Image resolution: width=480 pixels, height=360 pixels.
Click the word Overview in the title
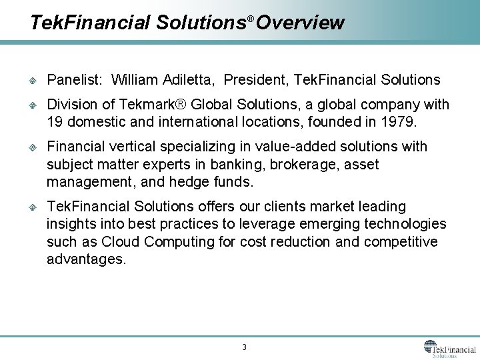(300, 23)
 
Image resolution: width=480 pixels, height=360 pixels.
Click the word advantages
(85, 259)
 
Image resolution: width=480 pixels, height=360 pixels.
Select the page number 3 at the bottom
(244, 347)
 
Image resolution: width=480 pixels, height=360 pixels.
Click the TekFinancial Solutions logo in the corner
(449, 349)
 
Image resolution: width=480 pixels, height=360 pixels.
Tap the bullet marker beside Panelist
(32, 81)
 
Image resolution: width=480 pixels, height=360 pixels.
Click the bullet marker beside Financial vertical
(32, 147)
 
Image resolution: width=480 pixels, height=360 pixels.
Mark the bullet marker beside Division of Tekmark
(32, 105)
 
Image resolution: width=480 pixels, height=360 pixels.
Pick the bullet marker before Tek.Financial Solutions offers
(32, 207)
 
